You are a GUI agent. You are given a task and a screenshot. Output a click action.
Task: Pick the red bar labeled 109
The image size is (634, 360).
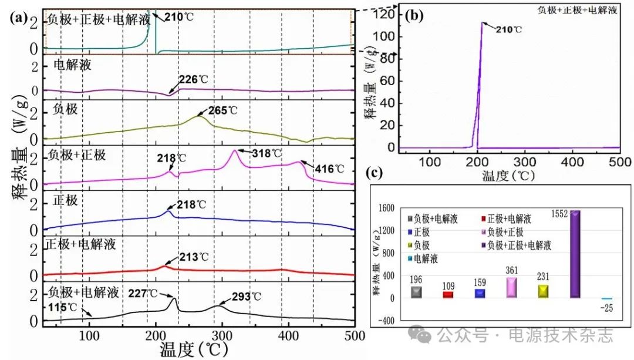click(x=448, y=294)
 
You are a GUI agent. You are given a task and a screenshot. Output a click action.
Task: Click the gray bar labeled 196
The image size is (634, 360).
click(x=416, y=292)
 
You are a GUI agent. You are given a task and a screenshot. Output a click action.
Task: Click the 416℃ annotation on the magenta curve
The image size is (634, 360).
click(x=330, y=169)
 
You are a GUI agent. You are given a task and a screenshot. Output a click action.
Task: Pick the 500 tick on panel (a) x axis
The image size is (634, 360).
click(x=353, y=336)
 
